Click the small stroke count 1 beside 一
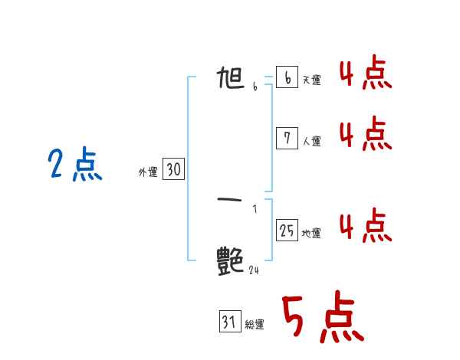point(255,209)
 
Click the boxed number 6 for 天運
point(287,77)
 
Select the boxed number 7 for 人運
point(287,138)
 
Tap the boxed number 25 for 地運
point(287,230)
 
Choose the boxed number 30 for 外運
point(173,170)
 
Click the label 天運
point(311,80)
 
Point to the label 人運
point(311,141)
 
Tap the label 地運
point(311,234)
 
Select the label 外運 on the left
point(147,173)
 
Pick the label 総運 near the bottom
point(255,325)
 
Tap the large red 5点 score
point(322,318)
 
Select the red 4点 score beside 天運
point(366,74)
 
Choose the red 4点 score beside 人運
point(366,134)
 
